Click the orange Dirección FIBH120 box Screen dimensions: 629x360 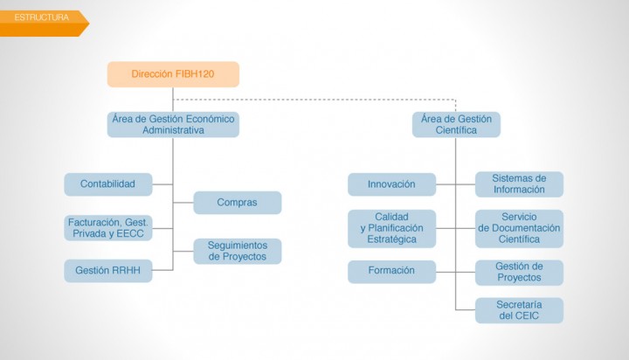(173, 74)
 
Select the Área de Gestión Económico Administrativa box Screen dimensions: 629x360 (173, 124)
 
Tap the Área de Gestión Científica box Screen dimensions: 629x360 (456, 124)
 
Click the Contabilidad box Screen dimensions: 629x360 (108, 184)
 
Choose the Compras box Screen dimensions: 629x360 (238, 202)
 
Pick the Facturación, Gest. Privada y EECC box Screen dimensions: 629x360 (108, 228)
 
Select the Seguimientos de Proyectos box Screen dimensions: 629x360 (238, 252)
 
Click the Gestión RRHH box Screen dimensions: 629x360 (108, 271)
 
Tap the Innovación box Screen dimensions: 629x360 (392, 184)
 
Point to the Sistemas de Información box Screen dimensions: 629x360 (519, 184)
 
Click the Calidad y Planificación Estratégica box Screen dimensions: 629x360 (392, 228)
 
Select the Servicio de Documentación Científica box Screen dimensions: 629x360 (519, 228)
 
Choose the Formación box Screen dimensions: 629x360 (392, 272)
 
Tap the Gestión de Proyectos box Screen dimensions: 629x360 (519, 273)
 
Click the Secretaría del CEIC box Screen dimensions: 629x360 (519, 310)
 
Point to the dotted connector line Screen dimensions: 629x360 (314, 99)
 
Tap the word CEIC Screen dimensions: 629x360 (526, 315)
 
